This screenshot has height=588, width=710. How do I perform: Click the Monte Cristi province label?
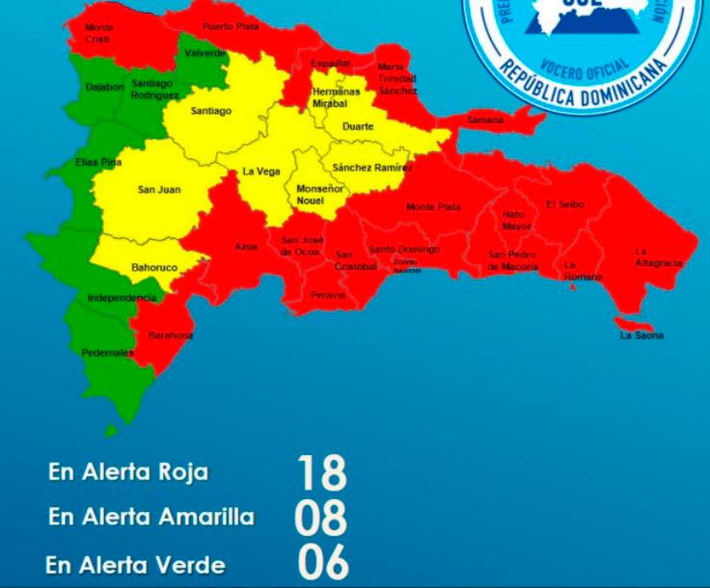point(98,33)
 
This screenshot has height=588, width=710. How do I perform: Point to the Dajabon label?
point(104,87)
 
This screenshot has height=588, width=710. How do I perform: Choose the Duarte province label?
point(360,125)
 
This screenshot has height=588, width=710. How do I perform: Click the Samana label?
point(485,120)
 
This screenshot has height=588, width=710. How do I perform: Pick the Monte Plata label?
point(433,207)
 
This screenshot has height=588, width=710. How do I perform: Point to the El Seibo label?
point(564,204)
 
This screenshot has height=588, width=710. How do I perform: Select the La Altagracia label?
point(659,257)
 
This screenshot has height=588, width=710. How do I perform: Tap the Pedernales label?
point(107,353)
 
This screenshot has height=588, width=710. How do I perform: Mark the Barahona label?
point(171,335)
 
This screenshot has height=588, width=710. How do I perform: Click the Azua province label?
point(246,247)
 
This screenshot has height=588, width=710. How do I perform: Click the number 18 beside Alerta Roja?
point(321,473)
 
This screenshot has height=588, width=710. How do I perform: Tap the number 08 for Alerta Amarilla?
point(321,517)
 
